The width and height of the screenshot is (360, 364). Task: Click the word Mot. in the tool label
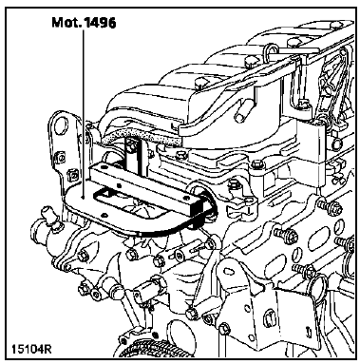click(66, 23)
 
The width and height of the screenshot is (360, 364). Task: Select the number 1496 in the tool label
click(99, 23)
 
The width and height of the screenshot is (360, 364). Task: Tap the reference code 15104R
click(31, 349)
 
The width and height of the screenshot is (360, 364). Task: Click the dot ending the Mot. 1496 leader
click(83, 197)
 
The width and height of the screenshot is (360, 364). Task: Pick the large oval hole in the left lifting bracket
click(62, 125)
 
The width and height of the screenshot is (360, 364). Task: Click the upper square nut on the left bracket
click(59, 157)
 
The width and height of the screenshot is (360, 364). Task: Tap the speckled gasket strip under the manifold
click(142, 136)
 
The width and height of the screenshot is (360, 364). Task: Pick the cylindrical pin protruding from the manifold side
click(243, 111)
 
